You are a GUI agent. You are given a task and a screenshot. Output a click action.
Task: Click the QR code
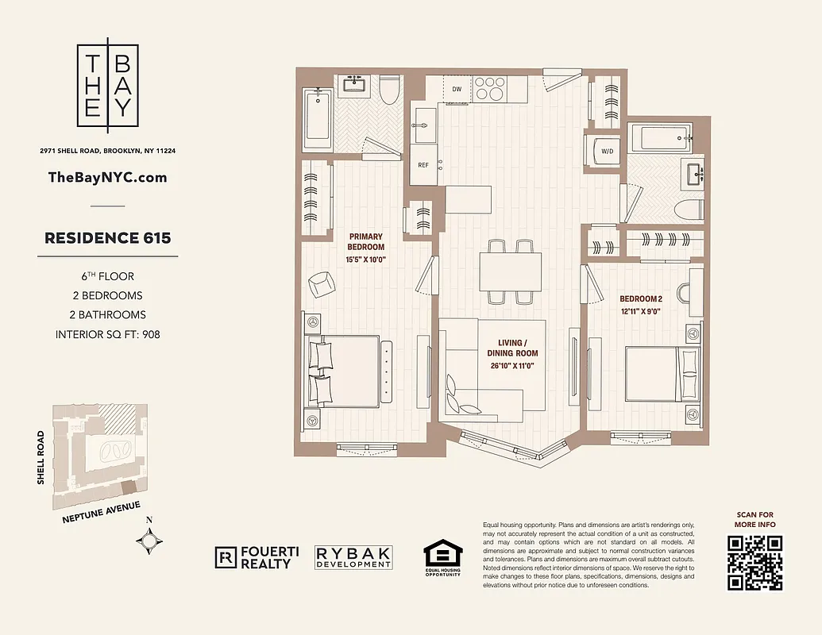pos(754,563)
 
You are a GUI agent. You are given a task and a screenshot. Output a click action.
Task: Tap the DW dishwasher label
pos(457,89)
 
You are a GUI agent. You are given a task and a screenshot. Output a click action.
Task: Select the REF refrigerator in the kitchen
pos(423,165)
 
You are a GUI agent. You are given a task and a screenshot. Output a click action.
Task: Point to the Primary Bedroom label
pos(365,241)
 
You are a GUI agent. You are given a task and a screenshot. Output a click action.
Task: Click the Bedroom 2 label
pos(640,298)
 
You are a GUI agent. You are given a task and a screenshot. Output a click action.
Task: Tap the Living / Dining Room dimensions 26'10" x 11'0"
pos(512,366)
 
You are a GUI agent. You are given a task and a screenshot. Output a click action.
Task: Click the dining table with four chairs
pos(510,271)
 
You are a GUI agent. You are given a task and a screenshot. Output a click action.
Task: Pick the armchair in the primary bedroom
pos(321,283)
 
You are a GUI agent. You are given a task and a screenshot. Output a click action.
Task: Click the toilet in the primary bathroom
pos(390,91)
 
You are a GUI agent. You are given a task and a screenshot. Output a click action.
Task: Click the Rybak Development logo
pos(353,557)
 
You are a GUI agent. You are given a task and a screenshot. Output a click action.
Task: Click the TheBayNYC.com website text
pos(108,177)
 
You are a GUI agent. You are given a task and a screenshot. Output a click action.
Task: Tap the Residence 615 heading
pos(108,237)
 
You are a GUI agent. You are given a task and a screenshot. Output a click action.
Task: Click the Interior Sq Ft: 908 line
pos(108,334)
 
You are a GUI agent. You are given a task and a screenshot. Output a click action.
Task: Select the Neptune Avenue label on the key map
pos(102,512)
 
